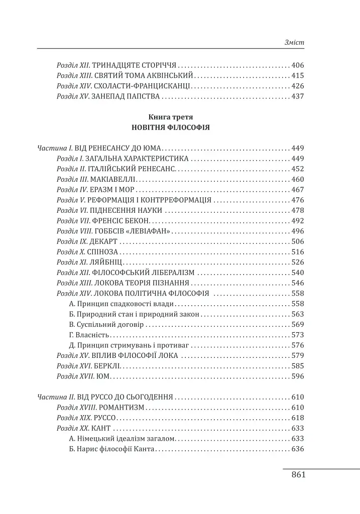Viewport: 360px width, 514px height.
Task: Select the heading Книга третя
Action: pyautogui.click(x=171, y=116)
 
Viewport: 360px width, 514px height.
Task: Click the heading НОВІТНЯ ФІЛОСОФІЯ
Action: pyautogui.click(x=171, y=127)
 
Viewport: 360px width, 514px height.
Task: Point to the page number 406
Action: pyautogui.click(x=298, y=65)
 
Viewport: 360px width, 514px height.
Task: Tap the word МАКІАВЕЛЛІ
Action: pyautogui.click(x=113, y=179)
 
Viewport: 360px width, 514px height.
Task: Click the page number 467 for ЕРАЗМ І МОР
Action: pyautogui.click(x=298, y=190)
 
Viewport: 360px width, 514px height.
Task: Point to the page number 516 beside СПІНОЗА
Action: pyautogui.click(x=298, y=252)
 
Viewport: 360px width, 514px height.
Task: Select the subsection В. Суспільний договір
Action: pyautogui.click(x=106, y=324)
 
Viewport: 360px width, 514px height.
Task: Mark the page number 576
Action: pyautogui.click(x=298, y=345)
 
